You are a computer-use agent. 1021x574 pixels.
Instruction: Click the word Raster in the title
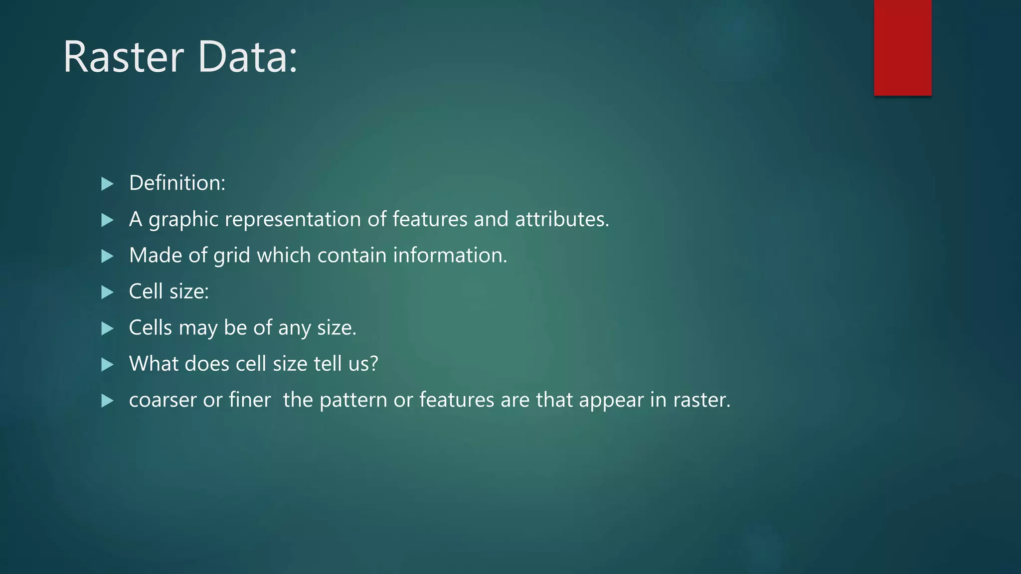124,57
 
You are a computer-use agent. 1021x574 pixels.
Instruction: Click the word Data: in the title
248,57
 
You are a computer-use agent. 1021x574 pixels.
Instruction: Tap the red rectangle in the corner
902,47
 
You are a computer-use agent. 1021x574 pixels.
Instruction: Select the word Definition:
177,183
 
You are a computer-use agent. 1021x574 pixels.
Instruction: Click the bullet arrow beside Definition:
107,184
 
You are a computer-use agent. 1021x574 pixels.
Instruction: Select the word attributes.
561,219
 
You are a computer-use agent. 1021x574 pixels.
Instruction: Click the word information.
450,255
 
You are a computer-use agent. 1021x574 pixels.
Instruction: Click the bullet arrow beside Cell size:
107,292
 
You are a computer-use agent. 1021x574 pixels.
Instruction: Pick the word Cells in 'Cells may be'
150,328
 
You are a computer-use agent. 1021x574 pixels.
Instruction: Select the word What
154,364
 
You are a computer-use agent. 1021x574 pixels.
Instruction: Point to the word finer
249,400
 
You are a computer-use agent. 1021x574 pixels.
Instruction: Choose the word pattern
353,401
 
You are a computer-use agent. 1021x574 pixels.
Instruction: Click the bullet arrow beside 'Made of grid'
107,256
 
